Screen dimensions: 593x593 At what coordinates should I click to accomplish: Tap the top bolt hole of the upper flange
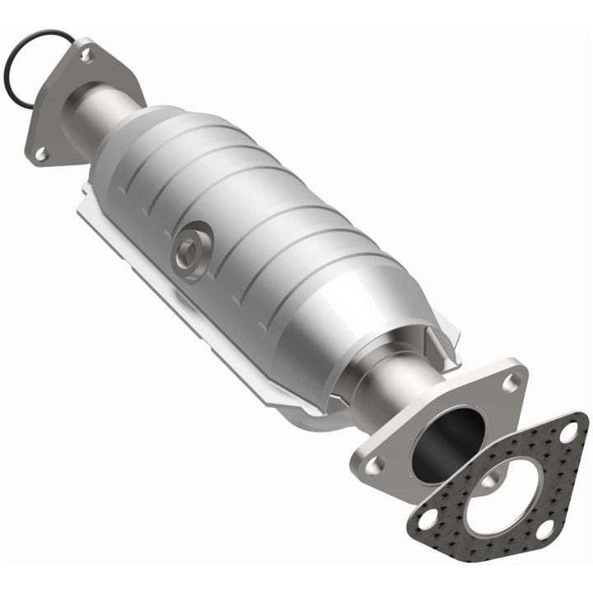point(86,54)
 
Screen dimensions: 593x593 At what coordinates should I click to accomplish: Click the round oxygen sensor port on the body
point(189,252)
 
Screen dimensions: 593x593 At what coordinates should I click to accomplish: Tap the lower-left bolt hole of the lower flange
point(376,465)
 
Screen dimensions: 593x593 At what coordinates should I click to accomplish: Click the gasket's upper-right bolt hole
point(567,431)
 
